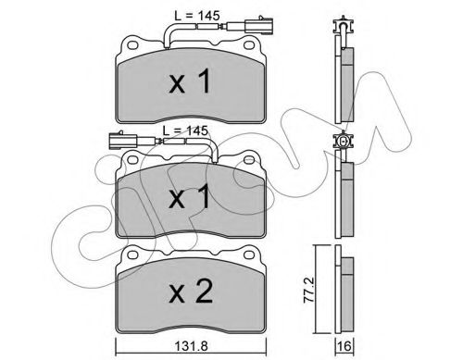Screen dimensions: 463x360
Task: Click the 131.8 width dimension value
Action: point(191,346)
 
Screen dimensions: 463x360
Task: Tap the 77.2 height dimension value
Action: point(309,290)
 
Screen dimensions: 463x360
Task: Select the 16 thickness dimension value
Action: point(344,346)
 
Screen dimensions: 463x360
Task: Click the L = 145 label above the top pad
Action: point(197,16)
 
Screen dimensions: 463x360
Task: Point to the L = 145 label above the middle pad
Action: point(185,130)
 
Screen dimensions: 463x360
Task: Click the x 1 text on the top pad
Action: point(190,81)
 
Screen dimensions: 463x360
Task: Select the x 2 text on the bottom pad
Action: point(191,291)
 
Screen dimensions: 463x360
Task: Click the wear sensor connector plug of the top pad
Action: point(258,25)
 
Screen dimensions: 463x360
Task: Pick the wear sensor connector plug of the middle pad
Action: point(123,141)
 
